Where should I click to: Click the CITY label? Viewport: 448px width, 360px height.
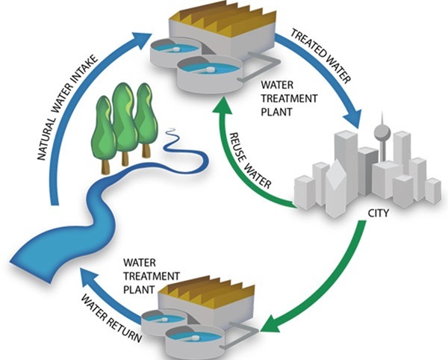(x=379, y=212)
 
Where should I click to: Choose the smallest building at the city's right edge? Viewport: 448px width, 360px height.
(x=432, y=190)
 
